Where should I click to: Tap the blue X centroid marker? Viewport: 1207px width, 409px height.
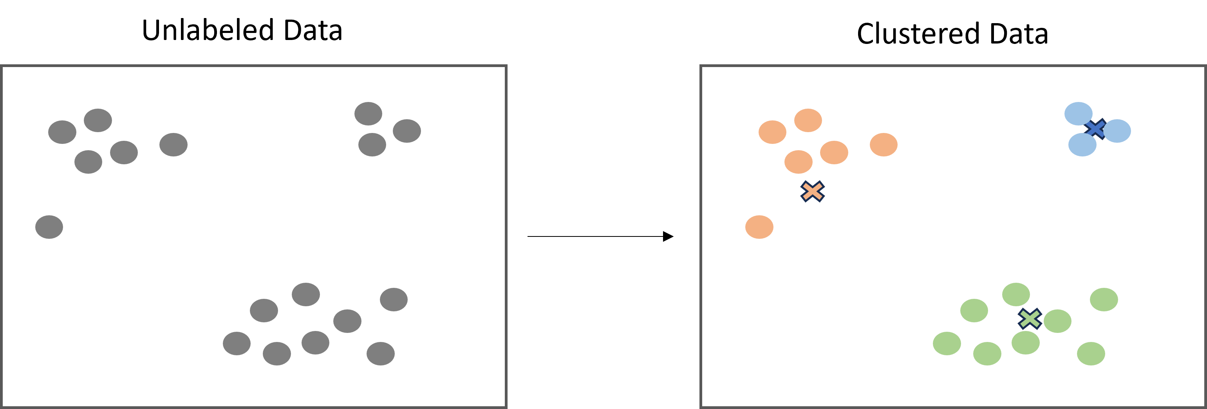pyautogui.click(x=1095, y=129)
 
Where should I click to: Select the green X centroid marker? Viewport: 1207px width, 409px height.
pyautogui.click(x=1030, y=318)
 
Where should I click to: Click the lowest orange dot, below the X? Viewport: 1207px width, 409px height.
pyautogui.click(x=759, y=227)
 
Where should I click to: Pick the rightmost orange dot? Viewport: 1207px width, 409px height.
pyautogui.click(x=883, y=144)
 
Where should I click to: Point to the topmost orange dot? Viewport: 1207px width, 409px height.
pyautogui.click(x=808, y=120)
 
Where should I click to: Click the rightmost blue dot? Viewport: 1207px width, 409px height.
pyautogui.click(x=1117, y=131)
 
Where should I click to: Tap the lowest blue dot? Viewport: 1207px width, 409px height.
pyautogui.click(x=1082, y=144)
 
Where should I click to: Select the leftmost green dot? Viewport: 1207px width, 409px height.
pyautogui.click(x=947, y=344)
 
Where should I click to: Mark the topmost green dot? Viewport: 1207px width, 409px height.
pyautogui.click(x=1016, y=294)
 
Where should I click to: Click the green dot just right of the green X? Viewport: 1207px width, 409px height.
pyautogui.click(x=1057, y=321)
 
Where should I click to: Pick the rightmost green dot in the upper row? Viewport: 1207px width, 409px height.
pyautogui.click(x=1104, y=300)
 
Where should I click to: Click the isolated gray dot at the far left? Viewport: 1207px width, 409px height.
pyautogui.click(x=49, y=227)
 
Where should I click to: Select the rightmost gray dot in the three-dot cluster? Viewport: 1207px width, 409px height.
pyautogui.click(x=407, y=131)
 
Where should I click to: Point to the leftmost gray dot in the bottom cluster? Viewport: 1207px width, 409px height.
pyautogui.click(x=237, y=344)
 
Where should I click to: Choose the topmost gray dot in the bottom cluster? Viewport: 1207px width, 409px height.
pyautogui.click(x=305, y=294)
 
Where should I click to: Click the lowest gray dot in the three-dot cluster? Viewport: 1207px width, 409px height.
pyautogui.click(x=372, y=144)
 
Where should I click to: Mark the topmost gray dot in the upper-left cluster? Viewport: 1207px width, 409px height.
pyautogui.click(x=98, y=120)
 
